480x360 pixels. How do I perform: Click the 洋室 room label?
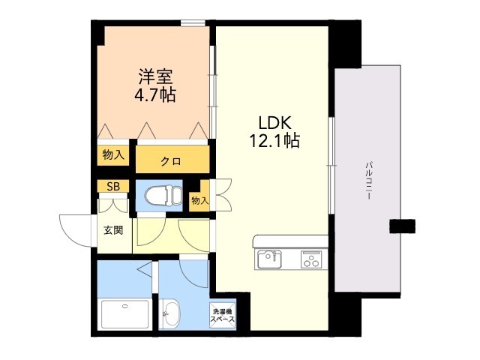(x=155, y=76)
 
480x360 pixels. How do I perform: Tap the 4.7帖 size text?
(x=155, y=94)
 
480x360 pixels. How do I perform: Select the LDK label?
(x=274, y=123)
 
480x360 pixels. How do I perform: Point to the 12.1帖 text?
(x=274, y=141)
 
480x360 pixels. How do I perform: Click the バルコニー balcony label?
(x=369, y=181)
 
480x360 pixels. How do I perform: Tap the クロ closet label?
(x=171, y=161)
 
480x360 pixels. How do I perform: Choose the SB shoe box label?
(x=113, y=187)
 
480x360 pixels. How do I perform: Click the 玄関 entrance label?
(x=113, y=230)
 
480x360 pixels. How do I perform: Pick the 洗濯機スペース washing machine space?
(x=223, y=316)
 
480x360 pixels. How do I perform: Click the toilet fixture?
(x=164, y=196)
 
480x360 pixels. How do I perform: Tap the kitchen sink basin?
(x=269, y=259)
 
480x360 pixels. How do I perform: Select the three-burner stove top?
(x=311, y=259)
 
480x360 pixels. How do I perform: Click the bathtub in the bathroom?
(x=124, y=314)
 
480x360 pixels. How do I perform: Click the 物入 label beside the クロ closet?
(x=113, y=155)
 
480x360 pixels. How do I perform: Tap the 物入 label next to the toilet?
(x=199, y=201)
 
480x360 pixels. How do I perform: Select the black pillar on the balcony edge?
(x=402, y=226)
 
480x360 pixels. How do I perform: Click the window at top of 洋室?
(x=193, y=23)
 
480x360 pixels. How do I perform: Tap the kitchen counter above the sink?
(x=290, y=241)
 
